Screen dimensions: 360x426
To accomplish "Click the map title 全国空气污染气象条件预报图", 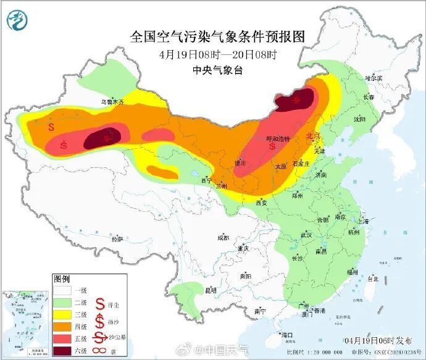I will [x=217, y=36].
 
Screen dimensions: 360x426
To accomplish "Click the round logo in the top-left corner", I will [x=17, y=20].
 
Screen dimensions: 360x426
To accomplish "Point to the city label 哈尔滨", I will [x=374, y=78].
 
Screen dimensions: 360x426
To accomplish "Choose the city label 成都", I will [x=222, y=238].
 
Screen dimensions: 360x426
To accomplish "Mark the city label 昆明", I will [x=211, y=289].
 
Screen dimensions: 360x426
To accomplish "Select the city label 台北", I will [x=372, y=278].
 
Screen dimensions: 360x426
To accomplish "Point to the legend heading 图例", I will [x=62, y=278].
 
